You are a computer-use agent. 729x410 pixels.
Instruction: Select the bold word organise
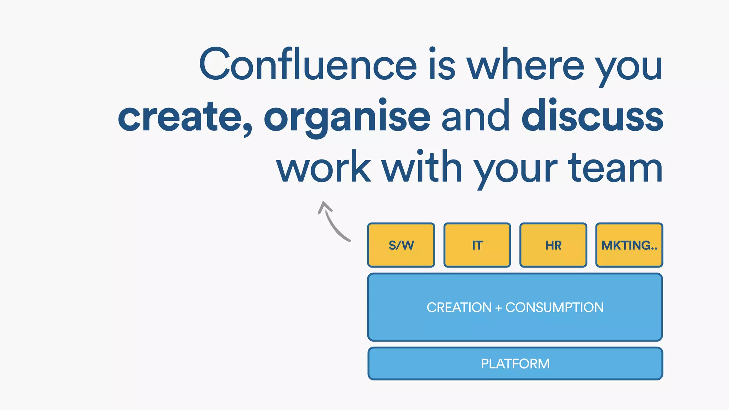point(347,117)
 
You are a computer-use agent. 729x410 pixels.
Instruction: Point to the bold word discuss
point(592,116)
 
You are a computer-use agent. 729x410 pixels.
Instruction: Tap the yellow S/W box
point(401,245)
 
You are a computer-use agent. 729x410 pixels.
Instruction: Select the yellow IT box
point(477,245)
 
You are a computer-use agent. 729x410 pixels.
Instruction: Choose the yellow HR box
point(553,245)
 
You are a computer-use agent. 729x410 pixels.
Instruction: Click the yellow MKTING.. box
point(629,245)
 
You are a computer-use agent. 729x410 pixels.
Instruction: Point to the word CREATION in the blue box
point(459,307)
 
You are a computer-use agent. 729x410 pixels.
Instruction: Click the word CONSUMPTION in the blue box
point(554,307)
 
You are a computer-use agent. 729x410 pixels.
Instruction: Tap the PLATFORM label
point(515,364)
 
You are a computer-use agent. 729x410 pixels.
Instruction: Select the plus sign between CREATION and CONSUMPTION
point(498,308)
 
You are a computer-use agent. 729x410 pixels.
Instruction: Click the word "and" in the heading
point(475,116)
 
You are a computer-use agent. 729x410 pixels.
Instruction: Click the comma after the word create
point(247,128)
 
